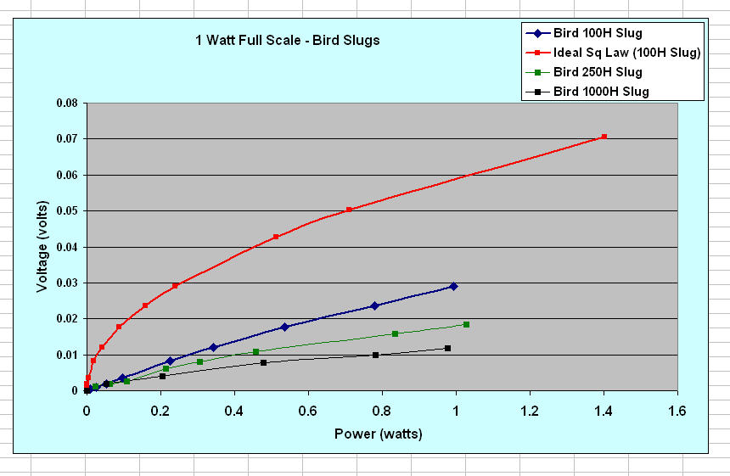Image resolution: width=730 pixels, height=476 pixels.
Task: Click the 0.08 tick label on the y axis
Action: point(65,103)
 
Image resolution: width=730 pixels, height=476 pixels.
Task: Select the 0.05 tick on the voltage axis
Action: point(65,210)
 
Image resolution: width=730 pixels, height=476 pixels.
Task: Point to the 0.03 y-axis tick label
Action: point(65,283)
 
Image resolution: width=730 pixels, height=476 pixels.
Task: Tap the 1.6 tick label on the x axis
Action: point(677,410)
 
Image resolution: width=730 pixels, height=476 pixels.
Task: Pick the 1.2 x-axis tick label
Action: point(529,410)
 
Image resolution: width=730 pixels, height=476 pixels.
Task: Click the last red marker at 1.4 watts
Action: point(604,137)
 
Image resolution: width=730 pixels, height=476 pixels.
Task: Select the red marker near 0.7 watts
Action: point(349,210)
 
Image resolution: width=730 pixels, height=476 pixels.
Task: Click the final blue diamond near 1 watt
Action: point(453,287)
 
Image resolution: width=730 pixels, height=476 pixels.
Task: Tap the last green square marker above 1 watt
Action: point(466,325)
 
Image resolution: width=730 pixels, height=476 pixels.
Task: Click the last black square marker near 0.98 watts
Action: point(447,349)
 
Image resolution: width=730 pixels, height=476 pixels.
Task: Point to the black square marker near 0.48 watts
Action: point(263,363)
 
